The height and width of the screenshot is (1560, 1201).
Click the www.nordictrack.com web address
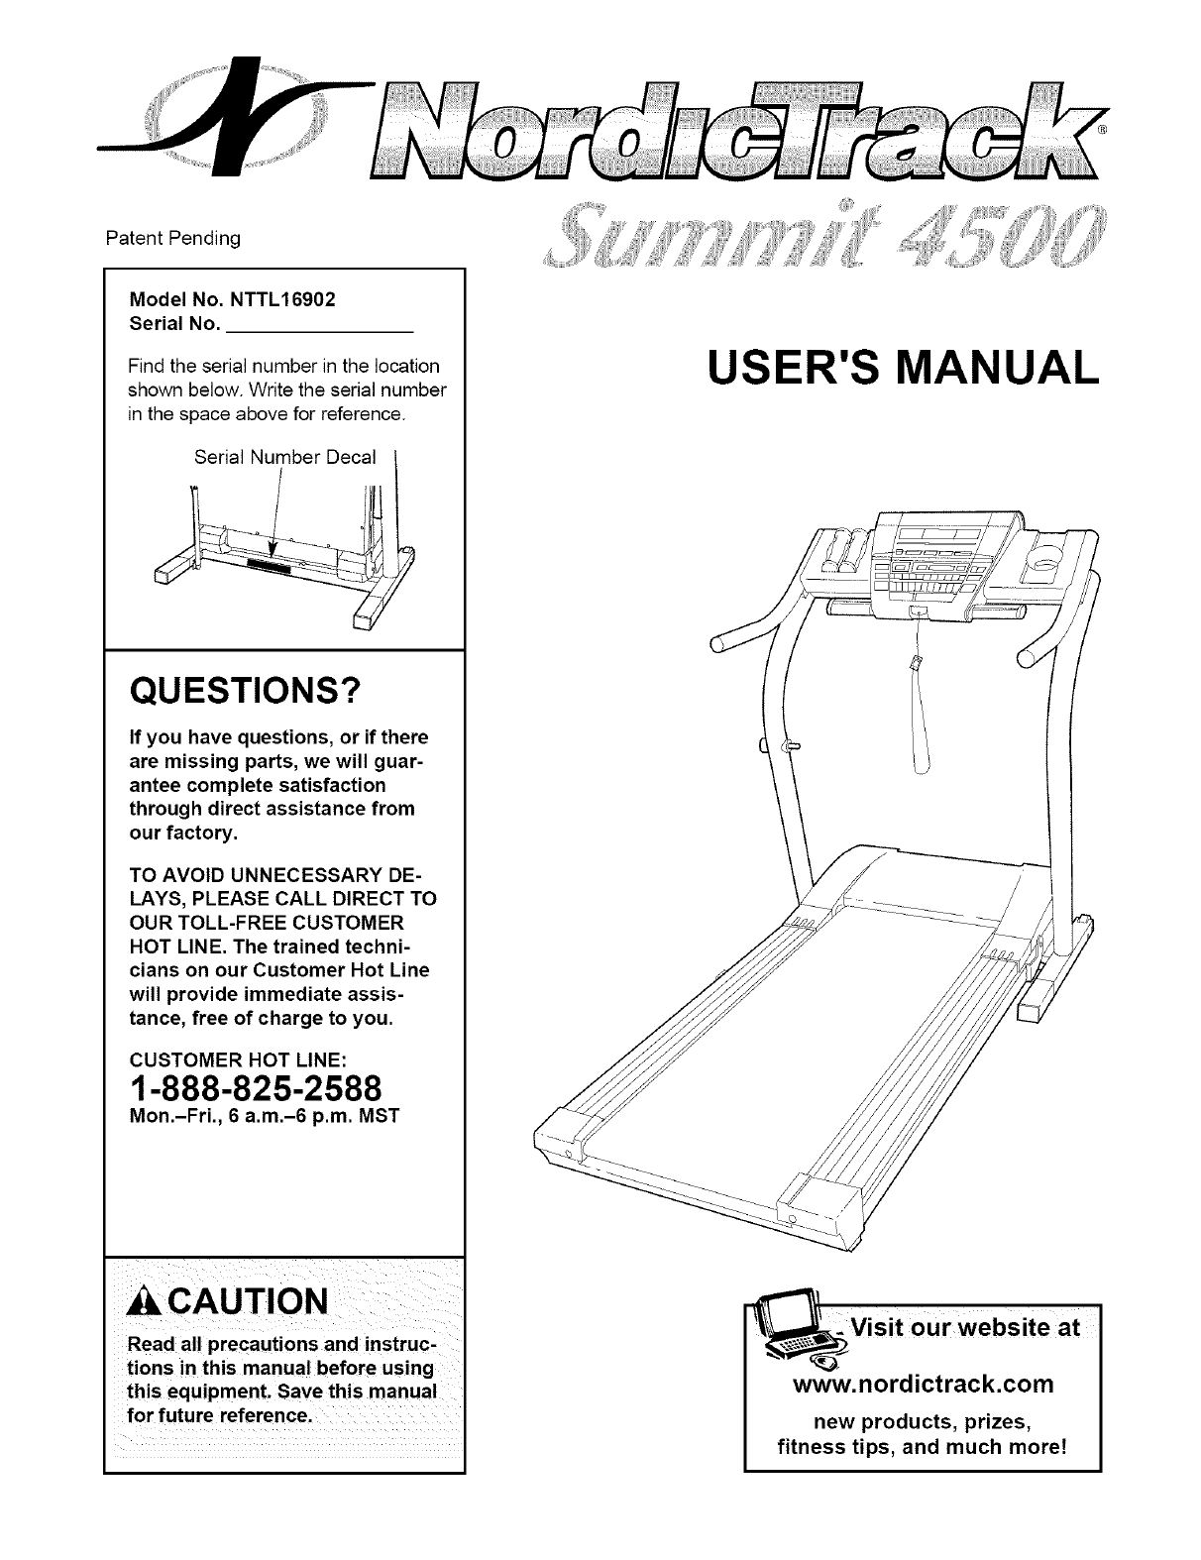point(924,1383)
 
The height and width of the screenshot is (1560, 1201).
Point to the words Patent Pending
point(173,239)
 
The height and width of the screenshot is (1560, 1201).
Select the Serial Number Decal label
point(285,457)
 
